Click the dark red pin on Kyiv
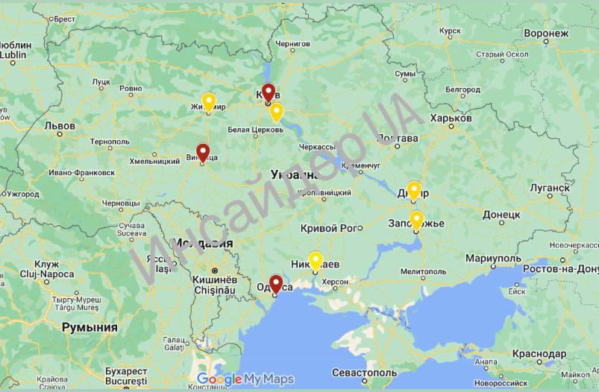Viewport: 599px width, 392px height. [268, 92]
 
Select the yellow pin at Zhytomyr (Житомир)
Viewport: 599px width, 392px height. [209, 101]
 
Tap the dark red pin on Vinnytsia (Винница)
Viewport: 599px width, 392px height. [202, 151]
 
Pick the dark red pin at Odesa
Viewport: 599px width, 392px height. [276, 284]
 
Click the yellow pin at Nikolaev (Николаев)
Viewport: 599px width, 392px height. [316, 260]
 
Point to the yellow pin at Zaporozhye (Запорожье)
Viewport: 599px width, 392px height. [416, 219]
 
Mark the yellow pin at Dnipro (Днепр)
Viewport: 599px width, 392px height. [414, 190]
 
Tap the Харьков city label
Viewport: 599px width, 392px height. [451, 118]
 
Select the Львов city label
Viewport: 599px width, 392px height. [60, 126]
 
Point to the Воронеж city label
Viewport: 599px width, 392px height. [547, 34]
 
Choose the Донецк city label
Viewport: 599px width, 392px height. [506, 214]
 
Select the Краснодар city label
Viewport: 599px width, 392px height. [539, 353]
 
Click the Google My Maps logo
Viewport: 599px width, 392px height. [245, 379]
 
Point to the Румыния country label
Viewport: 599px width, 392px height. [90, 327]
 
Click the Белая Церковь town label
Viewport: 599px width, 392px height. [255, 129]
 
